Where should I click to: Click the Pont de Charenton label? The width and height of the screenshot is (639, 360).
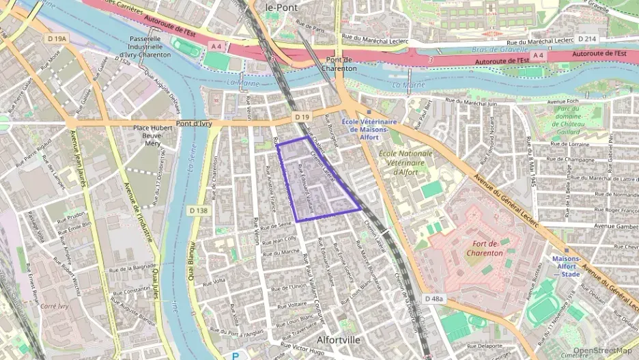(339, 64)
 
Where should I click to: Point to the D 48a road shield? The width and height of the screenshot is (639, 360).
(434, 299)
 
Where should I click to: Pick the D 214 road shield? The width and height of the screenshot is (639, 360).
(586, 39)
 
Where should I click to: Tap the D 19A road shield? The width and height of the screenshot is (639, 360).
(57, 39)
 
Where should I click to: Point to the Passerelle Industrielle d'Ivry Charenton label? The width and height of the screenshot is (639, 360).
(153, 47)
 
